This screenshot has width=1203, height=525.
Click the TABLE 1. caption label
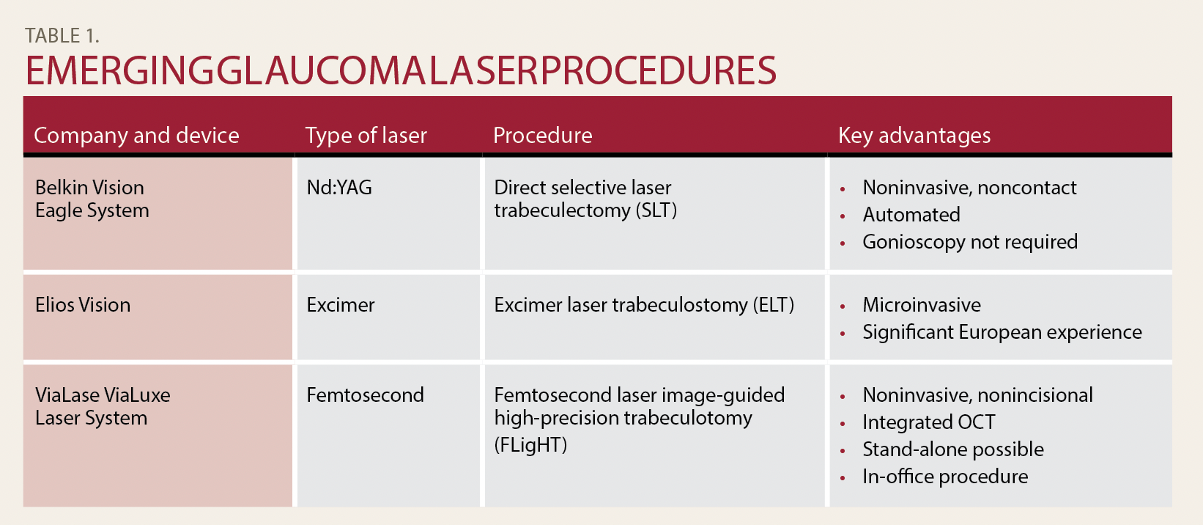62,36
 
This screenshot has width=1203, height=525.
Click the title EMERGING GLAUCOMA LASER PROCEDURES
401,71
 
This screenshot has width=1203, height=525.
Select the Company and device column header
136,136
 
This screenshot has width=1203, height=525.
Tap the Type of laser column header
366,136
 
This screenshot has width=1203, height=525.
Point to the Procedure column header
542,136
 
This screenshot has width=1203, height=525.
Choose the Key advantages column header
914,136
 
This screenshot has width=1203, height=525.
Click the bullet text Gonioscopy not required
970,242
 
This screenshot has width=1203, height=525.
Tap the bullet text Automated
911,214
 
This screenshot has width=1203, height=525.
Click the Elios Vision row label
83,305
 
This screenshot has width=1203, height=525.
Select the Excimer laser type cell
341,305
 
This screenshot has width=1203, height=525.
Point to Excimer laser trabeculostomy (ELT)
644,305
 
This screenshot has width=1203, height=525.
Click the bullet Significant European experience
1002,332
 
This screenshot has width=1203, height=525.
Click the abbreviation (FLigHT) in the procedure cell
530,445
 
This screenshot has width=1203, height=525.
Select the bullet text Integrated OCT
928,422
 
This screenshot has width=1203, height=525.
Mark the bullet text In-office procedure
945,477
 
